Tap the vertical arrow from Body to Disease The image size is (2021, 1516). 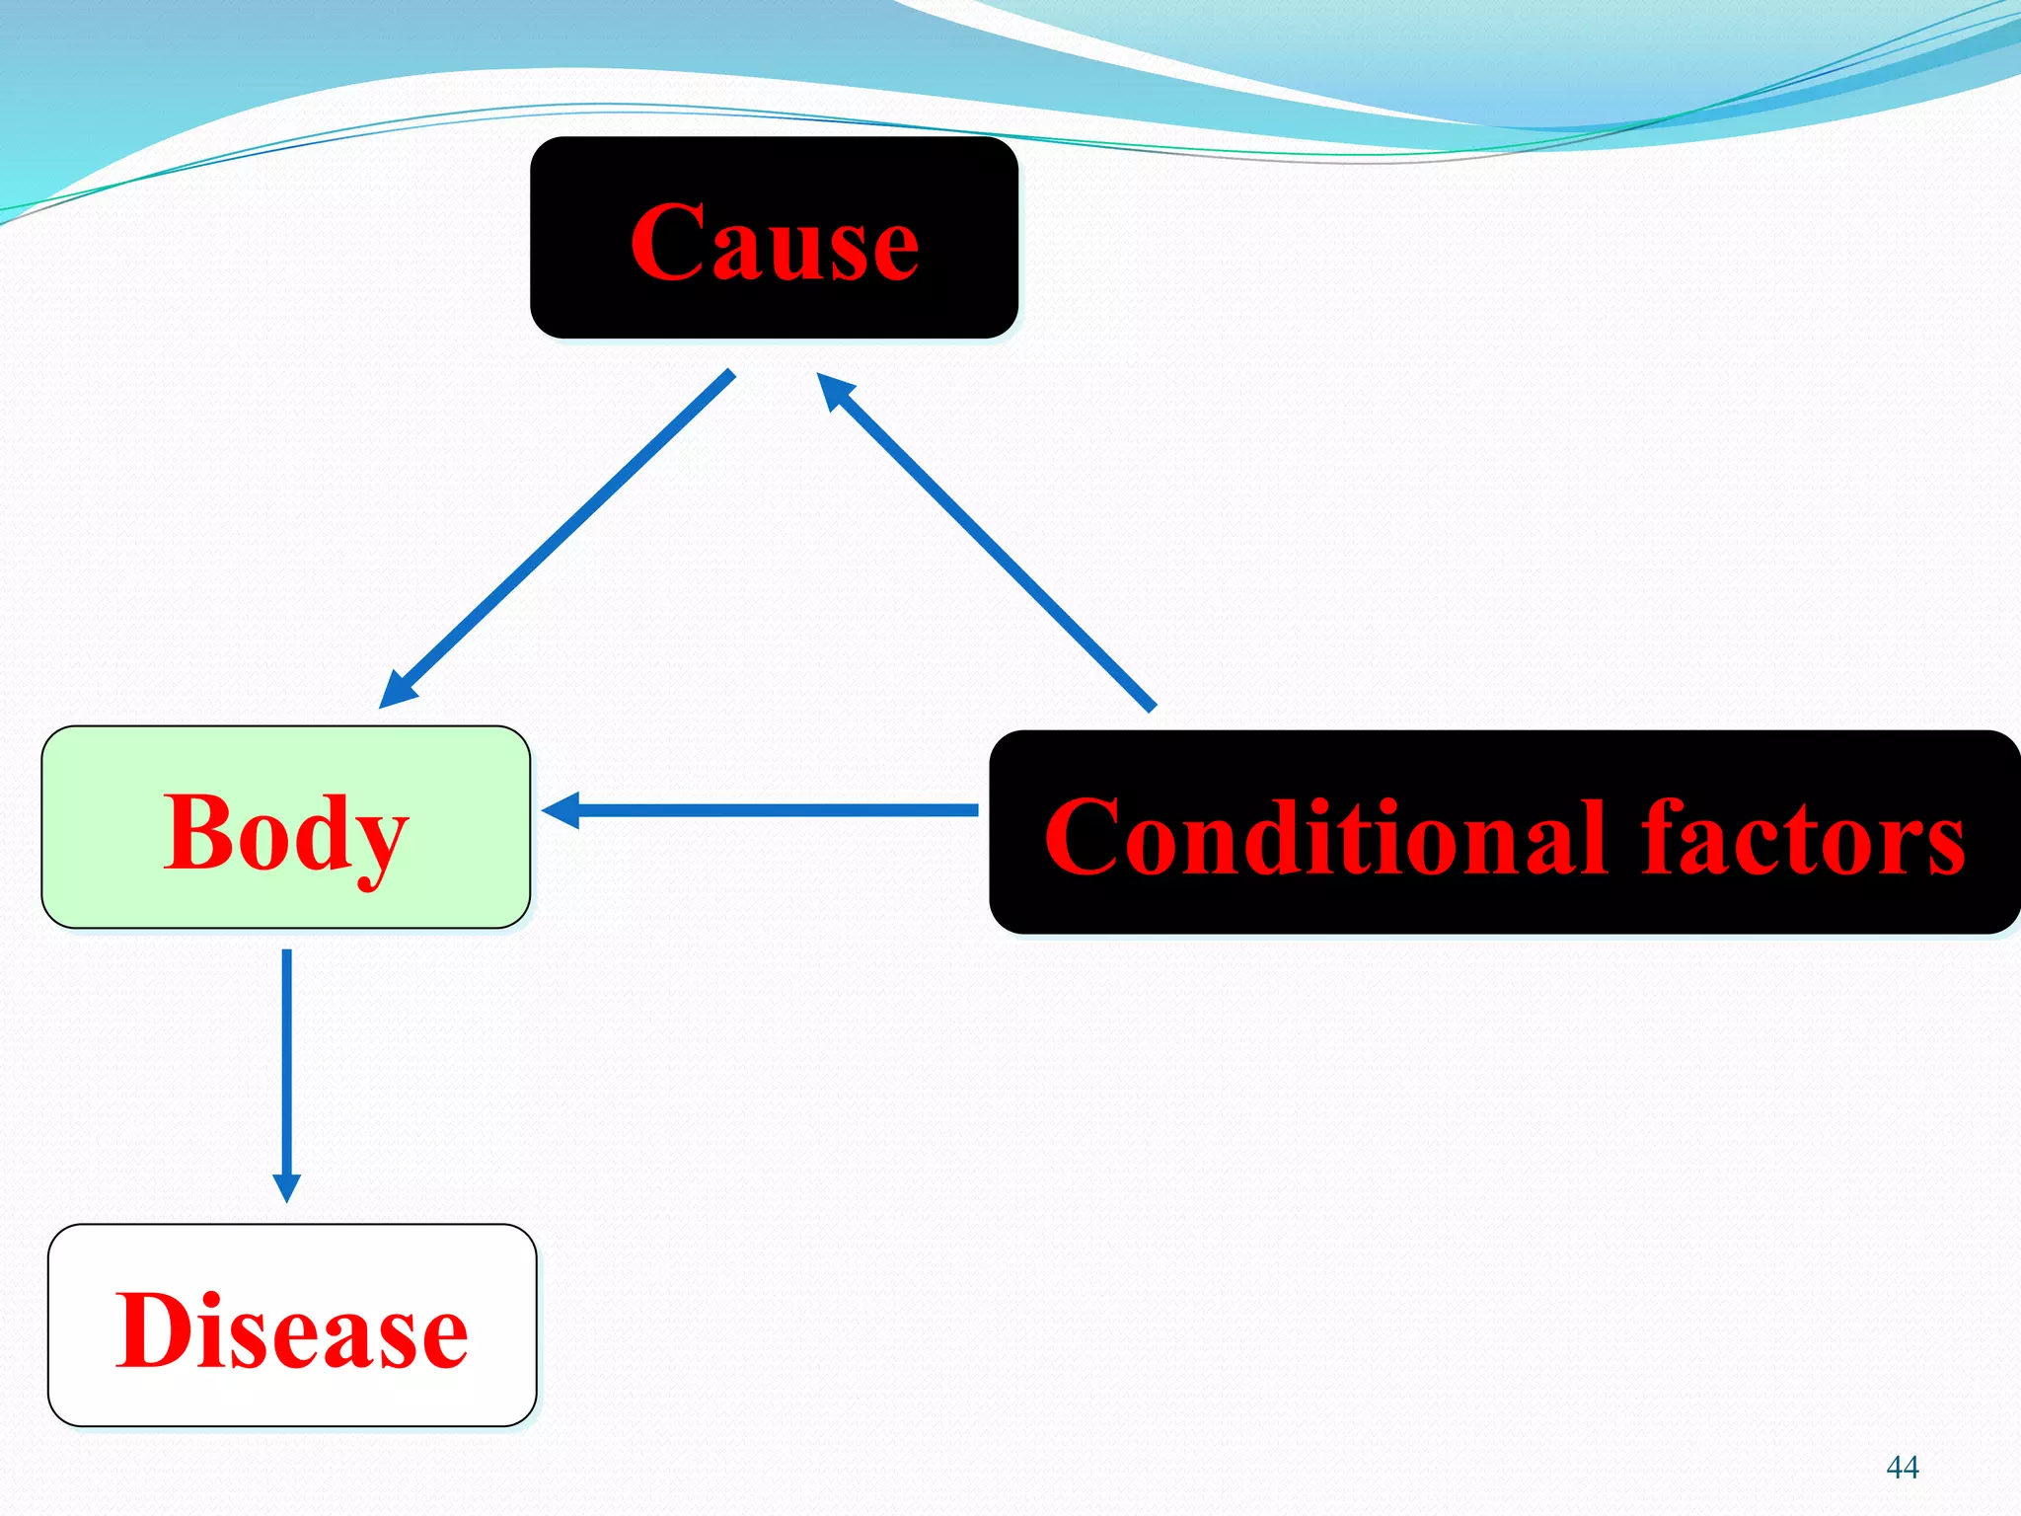(x=286, y=1066)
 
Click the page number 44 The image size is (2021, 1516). (x=1902, y=1468)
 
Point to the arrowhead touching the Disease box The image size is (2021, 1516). (x=286, y=1187)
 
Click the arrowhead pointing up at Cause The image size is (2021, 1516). (x=834, y=390)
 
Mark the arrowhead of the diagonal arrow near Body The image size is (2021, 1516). (x=397, y=690)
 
